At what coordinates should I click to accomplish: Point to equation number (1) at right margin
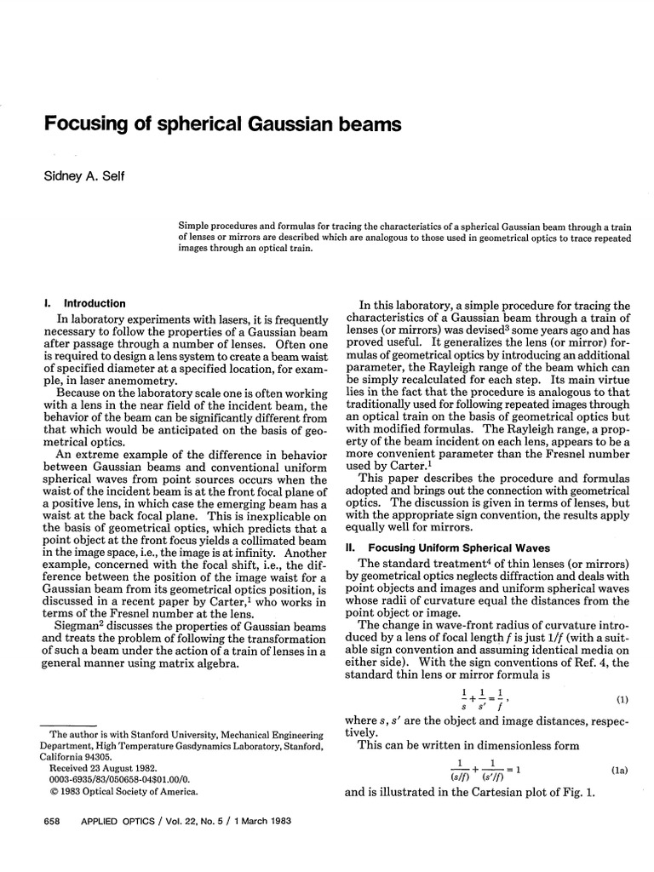622,701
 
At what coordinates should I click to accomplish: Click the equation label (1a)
619,770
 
